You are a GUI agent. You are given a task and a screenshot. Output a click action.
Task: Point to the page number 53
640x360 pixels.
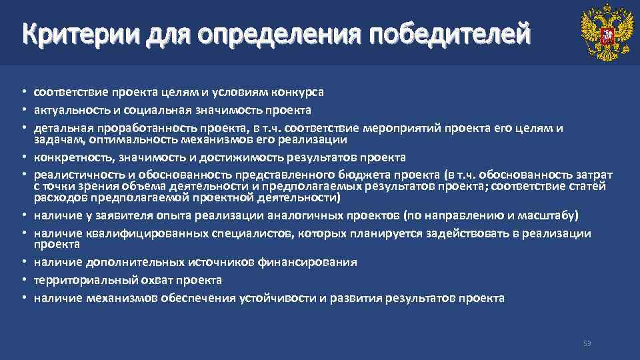click(587, 343)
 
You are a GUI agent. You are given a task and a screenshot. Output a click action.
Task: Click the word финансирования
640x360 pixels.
click(315, 262)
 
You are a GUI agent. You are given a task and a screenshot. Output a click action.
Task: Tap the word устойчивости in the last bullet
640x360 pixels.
click(278, 298)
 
